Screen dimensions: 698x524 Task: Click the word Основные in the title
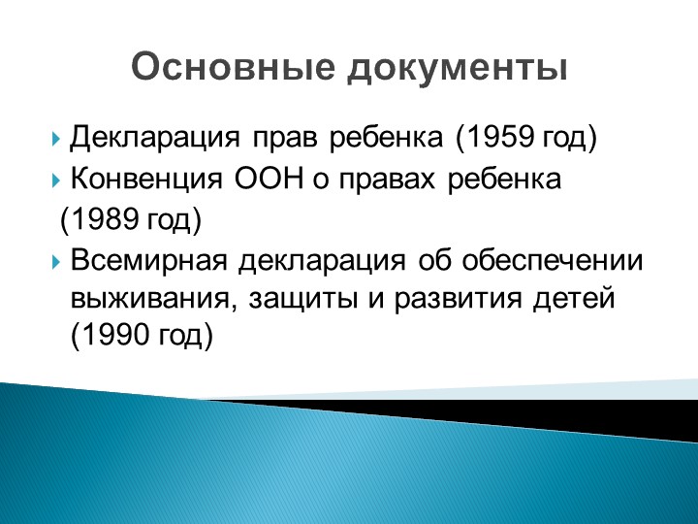[233, 67]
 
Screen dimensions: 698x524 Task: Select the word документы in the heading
[458, 68]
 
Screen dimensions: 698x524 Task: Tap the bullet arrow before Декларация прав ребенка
[55, 139]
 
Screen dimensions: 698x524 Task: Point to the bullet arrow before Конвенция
[55, 180]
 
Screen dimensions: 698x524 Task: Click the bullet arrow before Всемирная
[55, 262]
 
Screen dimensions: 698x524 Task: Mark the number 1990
[114, 334]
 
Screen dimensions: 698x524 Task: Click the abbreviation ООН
[269, 180]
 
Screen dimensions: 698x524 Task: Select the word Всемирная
[148, 260]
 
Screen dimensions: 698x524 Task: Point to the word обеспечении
[553, 260]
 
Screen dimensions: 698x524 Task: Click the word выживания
[149, 299]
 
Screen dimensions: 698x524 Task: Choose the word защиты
[303, 300]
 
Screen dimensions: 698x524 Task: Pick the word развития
[458, 300]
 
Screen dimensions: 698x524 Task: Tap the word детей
[574, 300]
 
